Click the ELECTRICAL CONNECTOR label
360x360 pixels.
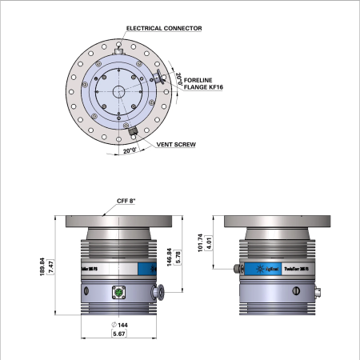point(164,28)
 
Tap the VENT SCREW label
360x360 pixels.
point(178,146)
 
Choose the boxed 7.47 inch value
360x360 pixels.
point(51,268)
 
